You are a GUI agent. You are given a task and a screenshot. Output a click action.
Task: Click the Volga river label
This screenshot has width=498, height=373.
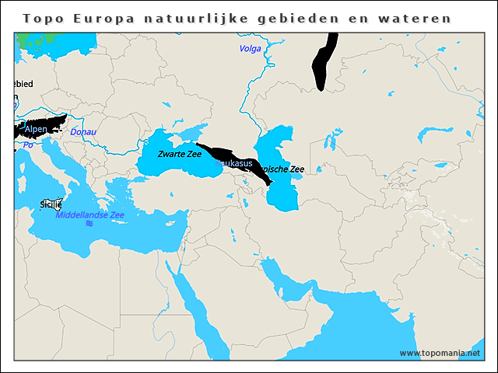coord(250,49)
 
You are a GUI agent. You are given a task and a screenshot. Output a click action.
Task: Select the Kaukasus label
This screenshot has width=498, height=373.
coord(234,163)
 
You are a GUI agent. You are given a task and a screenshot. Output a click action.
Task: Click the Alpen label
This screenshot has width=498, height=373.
coord(36,129)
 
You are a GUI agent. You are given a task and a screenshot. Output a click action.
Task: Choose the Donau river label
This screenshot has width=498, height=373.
coord(83,132)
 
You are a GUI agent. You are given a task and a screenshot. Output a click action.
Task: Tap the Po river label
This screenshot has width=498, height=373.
coord(27,145)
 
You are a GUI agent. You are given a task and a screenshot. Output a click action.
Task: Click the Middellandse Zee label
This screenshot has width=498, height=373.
coord(89,214)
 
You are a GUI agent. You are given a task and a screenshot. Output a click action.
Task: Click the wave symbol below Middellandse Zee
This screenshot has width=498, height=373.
coord(89,224)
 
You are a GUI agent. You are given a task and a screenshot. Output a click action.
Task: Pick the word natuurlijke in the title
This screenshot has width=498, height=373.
coord(178,18)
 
